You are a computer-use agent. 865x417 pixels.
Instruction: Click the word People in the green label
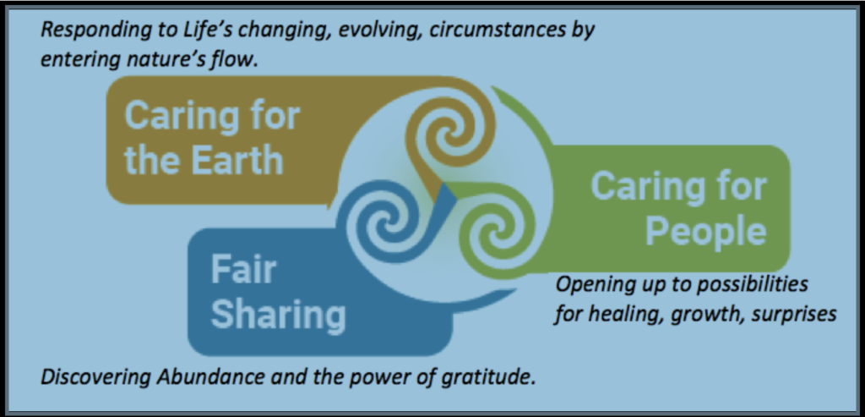click(x=706, y=231)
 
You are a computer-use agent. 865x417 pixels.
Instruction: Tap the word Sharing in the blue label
click(x=278, y=315)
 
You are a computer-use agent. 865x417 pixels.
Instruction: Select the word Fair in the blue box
click(x=243, y=270)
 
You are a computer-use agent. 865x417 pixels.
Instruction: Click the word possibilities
click(x=753, y=285)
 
